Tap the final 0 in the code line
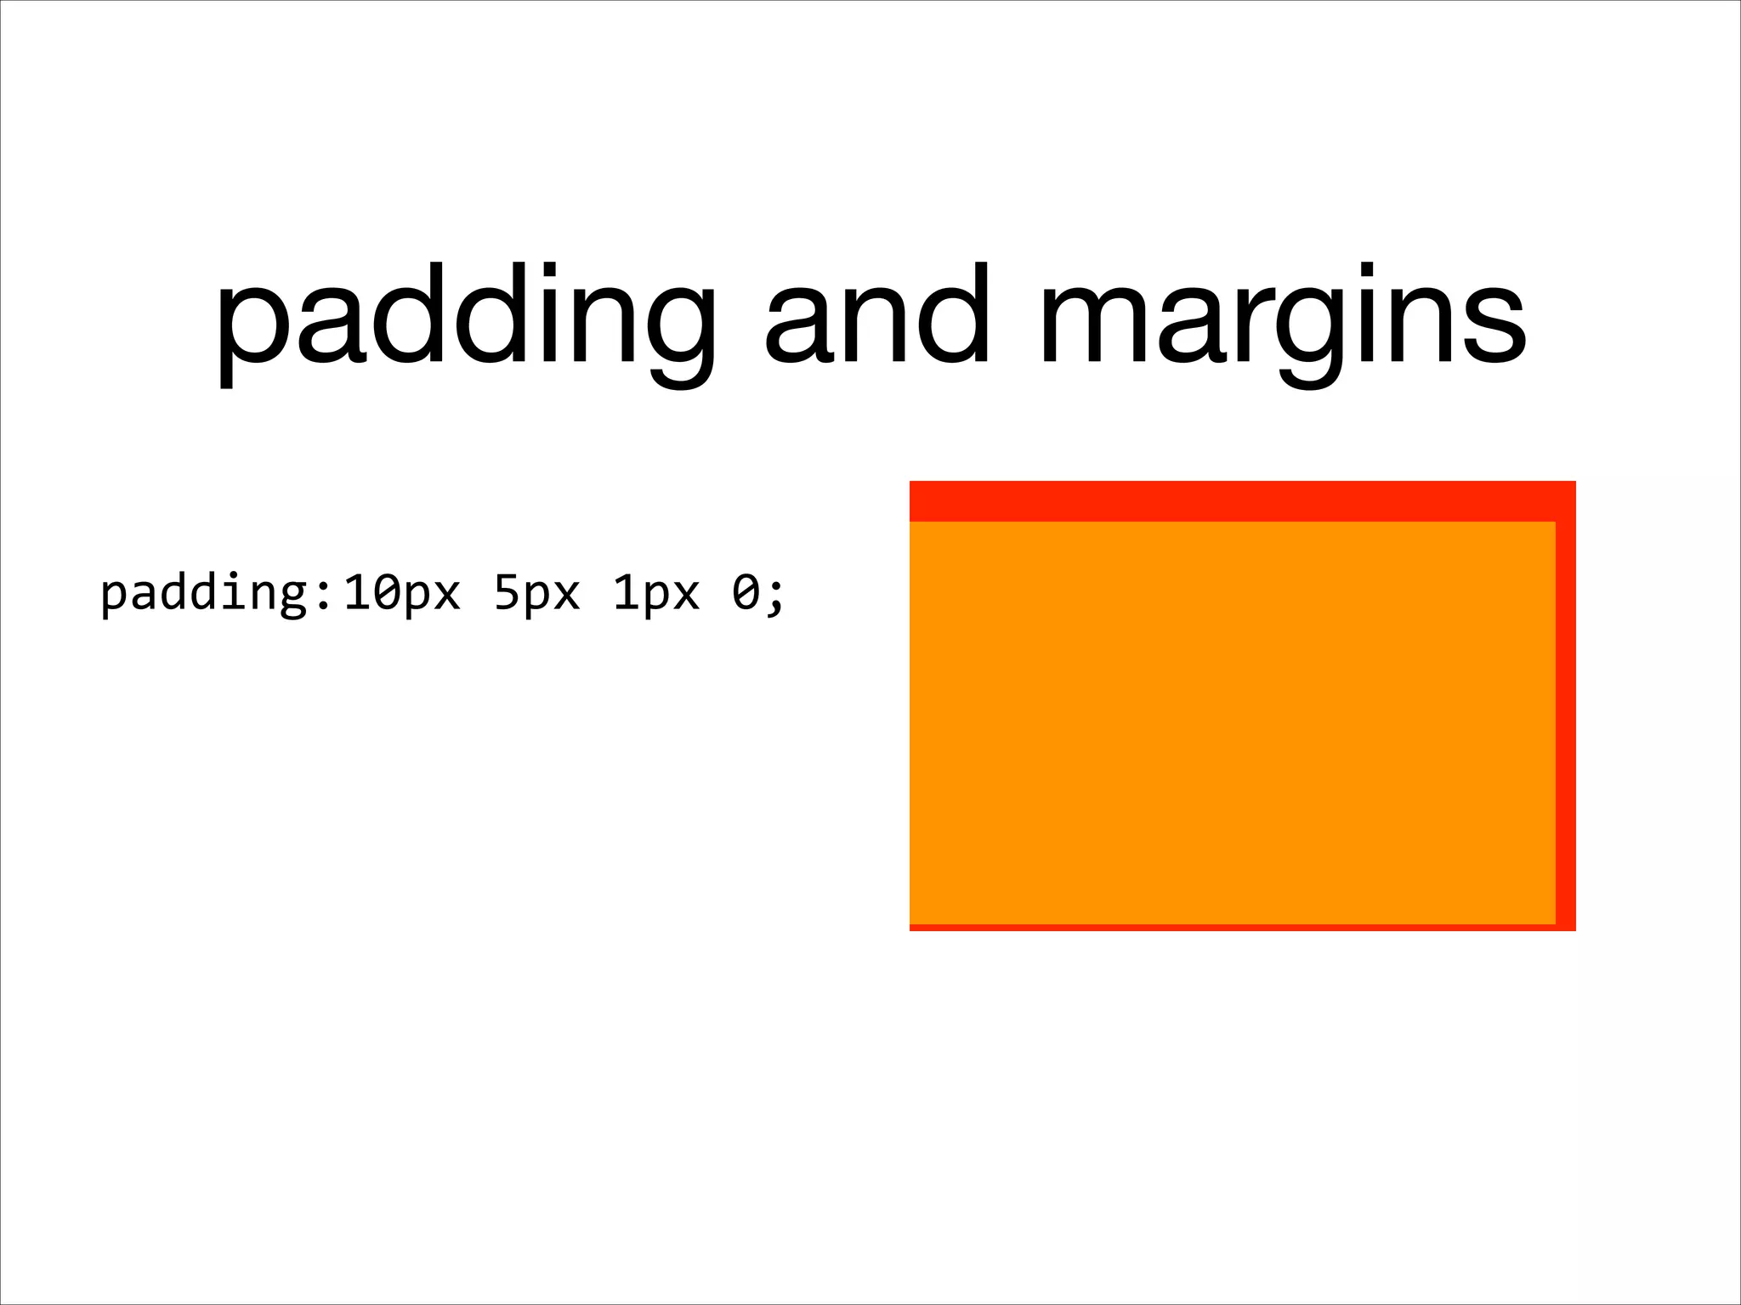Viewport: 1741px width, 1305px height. [x=745, y=593]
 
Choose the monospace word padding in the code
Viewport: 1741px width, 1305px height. [x=203, y=595]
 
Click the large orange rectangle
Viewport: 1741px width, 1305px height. [x=1232, y=722]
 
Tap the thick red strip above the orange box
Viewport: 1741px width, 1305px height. [x=1241, y=501]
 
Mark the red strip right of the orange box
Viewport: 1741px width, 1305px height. [x=1565, y=722]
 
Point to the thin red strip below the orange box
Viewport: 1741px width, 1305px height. [x=1233, y=927]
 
